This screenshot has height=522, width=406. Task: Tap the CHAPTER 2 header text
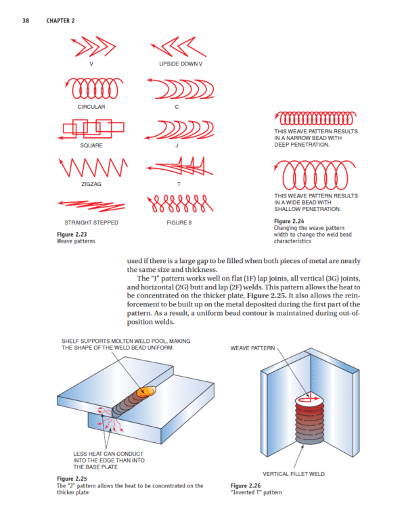(x=60, y=21)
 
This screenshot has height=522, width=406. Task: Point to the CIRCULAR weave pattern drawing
(x=91, y=87)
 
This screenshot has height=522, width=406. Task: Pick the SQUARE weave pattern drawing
(x=91, y=128)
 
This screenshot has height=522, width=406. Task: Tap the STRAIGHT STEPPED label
(x=91, y=222)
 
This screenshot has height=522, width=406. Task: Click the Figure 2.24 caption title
(x=290, y=221)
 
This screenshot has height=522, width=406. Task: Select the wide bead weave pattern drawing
(x=313, y=176)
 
